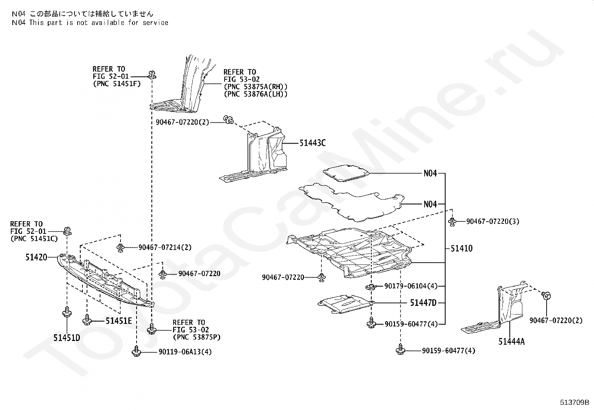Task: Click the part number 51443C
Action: pos(312,143)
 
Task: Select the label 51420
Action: pos(36,257)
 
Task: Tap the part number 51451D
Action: pos(66,338)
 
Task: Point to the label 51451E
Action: pos(119,320)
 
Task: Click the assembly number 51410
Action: pos(462,248)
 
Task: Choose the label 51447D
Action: pos(423,303)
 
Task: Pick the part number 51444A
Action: pos(511,341)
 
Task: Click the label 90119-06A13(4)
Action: pos(185,352)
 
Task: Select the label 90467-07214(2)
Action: pos(165,247)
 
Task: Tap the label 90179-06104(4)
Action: pos(410,286)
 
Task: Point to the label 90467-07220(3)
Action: pos(493,222)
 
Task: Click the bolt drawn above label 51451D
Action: pos(66,312)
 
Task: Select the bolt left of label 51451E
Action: pos(87,320)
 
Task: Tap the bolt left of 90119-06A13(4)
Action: pos(137,351)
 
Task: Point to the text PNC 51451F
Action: pos(116,84)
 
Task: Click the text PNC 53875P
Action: pos(196,337)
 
